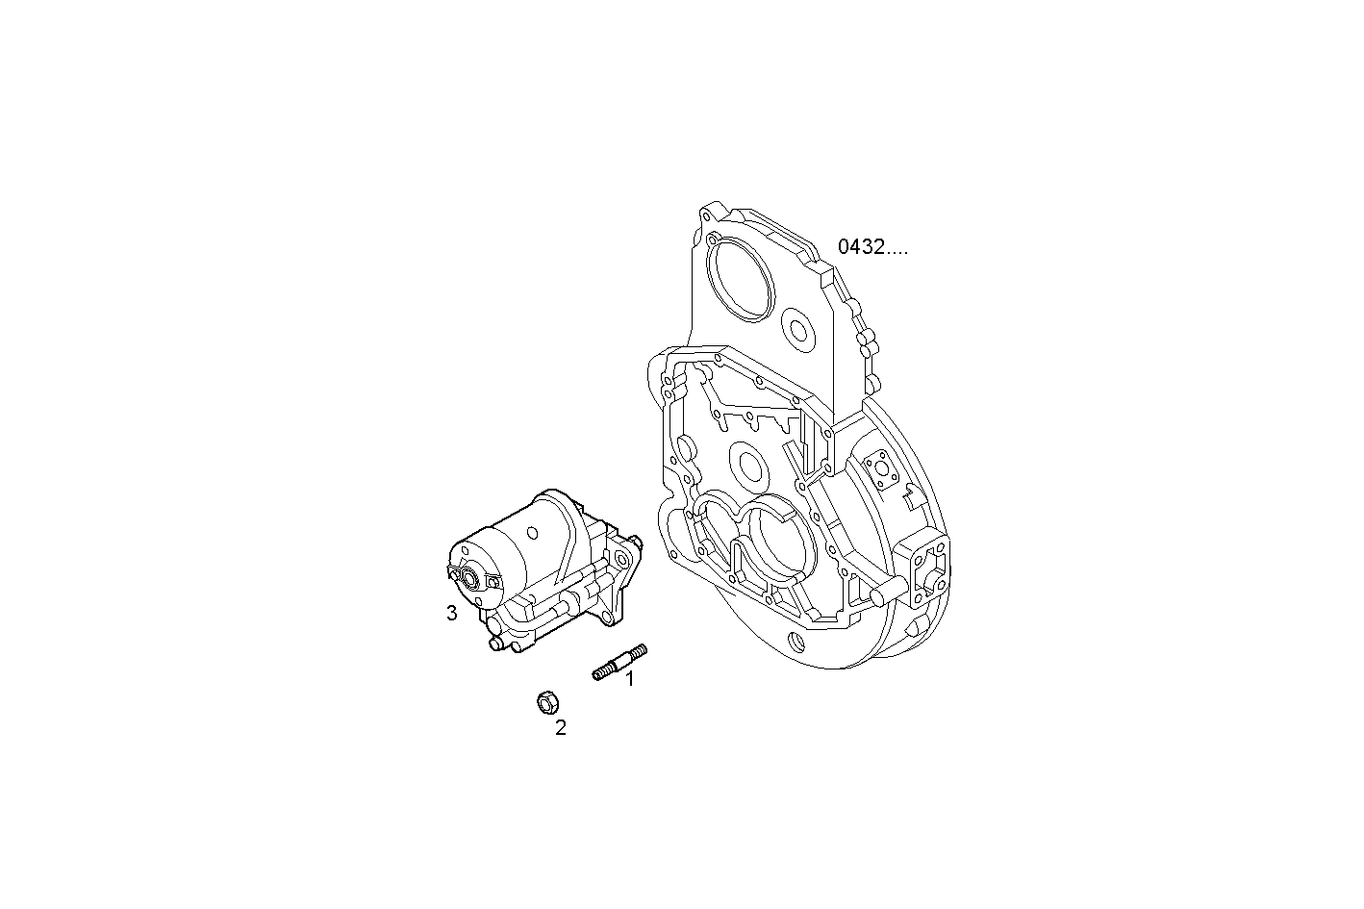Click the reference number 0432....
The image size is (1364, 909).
tap(871, 247)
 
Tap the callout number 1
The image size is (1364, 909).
tap(630, 680)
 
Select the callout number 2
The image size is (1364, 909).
tap(560, 728)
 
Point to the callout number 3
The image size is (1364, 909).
tap(451, 613)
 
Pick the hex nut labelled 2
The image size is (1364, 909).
tap(546, 703)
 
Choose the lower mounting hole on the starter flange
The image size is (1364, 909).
tap(607, 619)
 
